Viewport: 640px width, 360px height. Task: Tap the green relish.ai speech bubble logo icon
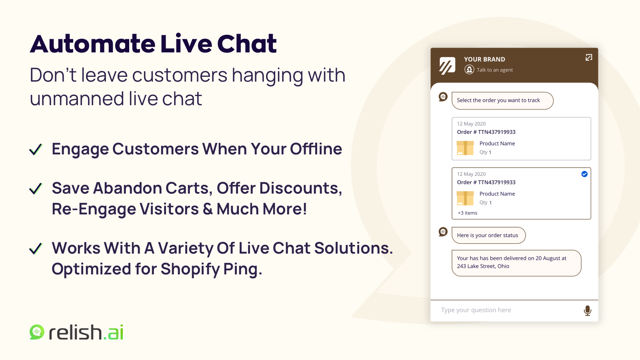click(37, 332)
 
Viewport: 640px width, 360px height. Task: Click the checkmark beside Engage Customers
click(36, 149)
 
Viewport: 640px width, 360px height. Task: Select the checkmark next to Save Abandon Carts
click(36, 188)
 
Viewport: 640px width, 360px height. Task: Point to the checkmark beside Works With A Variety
click(36, 248)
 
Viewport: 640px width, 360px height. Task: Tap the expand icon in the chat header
click(588, 58)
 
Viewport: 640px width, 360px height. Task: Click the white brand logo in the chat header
click(447, 66)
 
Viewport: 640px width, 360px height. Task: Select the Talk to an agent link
click(488, 70)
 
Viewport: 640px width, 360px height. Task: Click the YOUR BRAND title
click(484, 59)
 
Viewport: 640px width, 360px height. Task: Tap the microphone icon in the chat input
click(588, 310)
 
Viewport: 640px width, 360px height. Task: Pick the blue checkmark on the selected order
click(584, 174)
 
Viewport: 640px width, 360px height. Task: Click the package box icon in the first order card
click(465, 148)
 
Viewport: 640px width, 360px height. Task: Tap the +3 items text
click(468, 213)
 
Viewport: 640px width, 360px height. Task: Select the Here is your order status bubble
click(488, 235)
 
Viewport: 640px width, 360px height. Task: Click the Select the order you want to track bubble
click(502, 100)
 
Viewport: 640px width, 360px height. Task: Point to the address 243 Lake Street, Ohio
click(483, 266)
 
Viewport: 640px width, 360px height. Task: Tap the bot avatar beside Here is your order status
click(443, 232)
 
